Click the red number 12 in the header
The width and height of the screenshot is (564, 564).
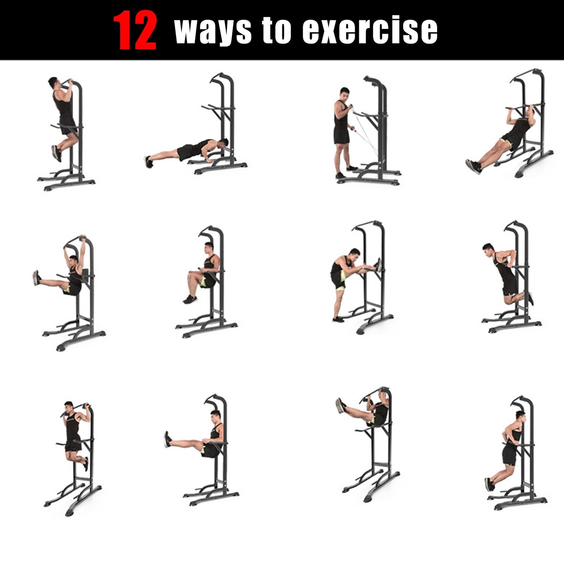135,30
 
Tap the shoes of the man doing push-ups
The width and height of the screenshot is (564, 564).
148,162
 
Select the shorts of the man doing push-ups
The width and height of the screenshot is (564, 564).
187,151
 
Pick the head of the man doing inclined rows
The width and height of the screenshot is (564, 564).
530,113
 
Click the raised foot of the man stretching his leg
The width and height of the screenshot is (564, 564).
378,265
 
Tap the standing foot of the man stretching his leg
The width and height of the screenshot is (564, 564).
338,319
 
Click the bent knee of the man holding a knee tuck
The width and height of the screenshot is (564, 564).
190,276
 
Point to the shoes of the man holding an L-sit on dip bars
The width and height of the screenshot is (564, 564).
168,439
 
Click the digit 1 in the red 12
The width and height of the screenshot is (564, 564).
124,30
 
